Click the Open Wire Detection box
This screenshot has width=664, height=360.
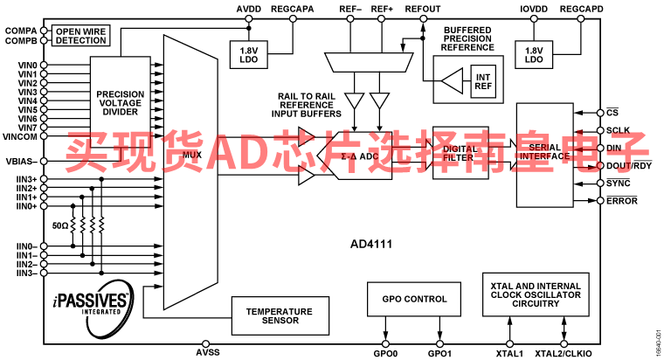[x=80, y=36]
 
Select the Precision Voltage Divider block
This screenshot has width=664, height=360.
[x=121, y=102]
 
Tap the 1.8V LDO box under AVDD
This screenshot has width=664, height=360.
[x=249, y=55]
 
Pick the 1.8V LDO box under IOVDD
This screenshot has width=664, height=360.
[x=534, y=55]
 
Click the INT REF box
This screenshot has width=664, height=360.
[x=483, y=82]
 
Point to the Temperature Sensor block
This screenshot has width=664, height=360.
[x=280, y=316]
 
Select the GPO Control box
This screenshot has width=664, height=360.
[x=414, y=299]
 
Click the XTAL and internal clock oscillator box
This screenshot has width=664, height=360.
[x=536, y=294]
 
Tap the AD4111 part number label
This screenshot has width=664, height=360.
[x=371, y=245]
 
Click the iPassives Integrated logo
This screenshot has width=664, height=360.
[x=93, y=305]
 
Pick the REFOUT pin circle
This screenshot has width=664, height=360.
[x=423, y=18]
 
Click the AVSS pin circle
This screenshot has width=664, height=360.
[x=206, y=344]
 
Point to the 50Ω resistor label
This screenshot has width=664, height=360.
[x=60, y=225]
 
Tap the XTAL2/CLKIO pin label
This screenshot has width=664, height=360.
[x=564, y=354]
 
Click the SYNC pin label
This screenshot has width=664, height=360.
[x=619, y=183]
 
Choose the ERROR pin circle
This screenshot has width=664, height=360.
[x=600, y=200]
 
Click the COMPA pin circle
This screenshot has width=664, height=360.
[x=44, y=31]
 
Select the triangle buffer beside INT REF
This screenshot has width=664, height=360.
[x=453, y=81]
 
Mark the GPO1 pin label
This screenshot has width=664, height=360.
[x=439, y=354]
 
